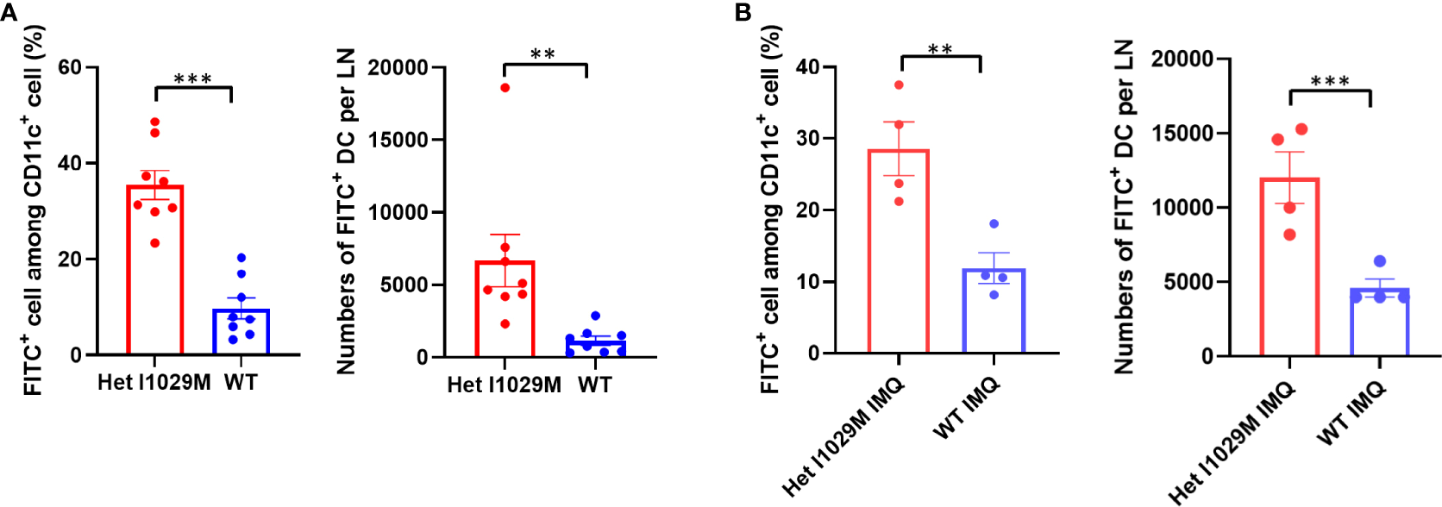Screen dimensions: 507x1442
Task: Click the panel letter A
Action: (x=9, y=12)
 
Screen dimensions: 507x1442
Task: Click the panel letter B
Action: (x=743, y=12)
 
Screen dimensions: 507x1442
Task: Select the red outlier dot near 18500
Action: (x=505, y=88)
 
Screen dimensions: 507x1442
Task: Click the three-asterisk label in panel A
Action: (x=192, y=80)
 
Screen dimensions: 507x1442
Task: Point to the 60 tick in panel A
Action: (x=71, y=67)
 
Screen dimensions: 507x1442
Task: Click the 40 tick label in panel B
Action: (x=808, y=66)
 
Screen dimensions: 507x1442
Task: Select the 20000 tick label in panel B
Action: (x=1182, y=59)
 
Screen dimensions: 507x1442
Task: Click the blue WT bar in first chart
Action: (x=241, y=332)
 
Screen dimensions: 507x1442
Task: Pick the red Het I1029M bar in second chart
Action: (x=505, y=310)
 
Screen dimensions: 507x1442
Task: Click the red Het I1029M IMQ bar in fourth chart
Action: (x=1290, y=267)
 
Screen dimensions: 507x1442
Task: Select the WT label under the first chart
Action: (x=241, y=382)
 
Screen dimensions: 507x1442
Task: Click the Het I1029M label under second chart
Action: (x=504, y=385)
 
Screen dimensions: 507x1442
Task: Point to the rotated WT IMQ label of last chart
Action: (x=1351, y=414)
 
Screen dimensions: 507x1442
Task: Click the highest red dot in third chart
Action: (x=899, y=85)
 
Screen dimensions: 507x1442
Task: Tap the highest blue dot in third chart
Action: (x=994, y=224)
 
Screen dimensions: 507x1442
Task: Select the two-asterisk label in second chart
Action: (x=542, y=54)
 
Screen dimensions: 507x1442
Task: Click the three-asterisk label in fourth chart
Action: (x=1329, y=82)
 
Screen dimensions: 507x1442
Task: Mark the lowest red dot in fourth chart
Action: (x=1290, y=235)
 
